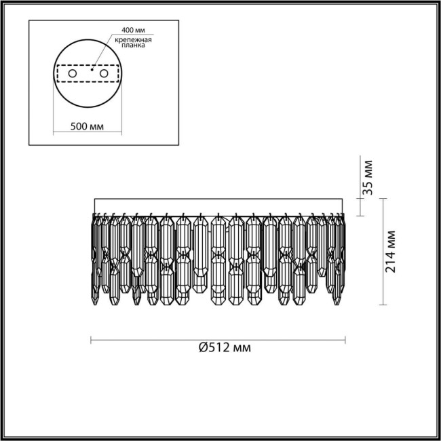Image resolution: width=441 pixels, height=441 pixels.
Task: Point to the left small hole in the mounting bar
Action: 72,73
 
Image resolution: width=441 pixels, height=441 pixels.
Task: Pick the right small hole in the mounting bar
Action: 104,73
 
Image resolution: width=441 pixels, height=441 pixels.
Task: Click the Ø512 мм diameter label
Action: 225,348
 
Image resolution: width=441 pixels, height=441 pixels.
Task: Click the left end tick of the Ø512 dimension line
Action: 92,339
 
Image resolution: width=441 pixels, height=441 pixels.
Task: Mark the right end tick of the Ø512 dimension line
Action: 345,339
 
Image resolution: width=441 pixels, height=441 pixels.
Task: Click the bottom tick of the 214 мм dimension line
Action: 384,303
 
